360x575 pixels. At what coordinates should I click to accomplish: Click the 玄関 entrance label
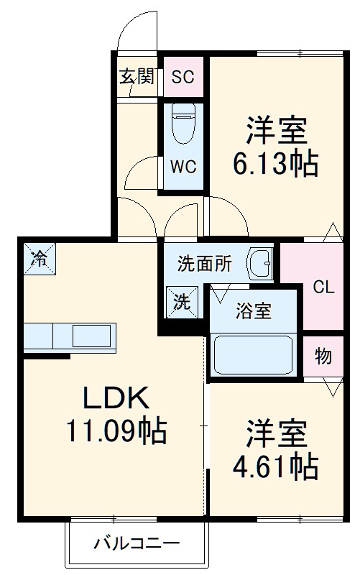coord(137,76)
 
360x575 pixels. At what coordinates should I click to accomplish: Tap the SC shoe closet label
coord(183,77)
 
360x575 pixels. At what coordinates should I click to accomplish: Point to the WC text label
coord(183,166)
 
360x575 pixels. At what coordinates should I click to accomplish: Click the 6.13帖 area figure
coord(274,166)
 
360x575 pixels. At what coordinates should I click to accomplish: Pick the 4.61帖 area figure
coord(274,468)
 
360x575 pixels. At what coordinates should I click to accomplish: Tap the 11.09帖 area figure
coord(117,431)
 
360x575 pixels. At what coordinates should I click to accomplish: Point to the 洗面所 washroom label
coord(205,264)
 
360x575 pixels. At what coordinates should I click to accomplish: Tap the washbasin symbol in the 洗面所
coord(259,264)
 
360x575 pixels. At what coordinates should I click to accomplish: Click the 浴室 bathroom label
coord(254,312)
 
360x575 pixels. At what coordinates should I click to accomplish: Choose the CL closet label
coord(323,287)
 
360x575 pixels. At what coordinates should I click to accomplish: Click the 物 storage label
coord(323,356)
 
